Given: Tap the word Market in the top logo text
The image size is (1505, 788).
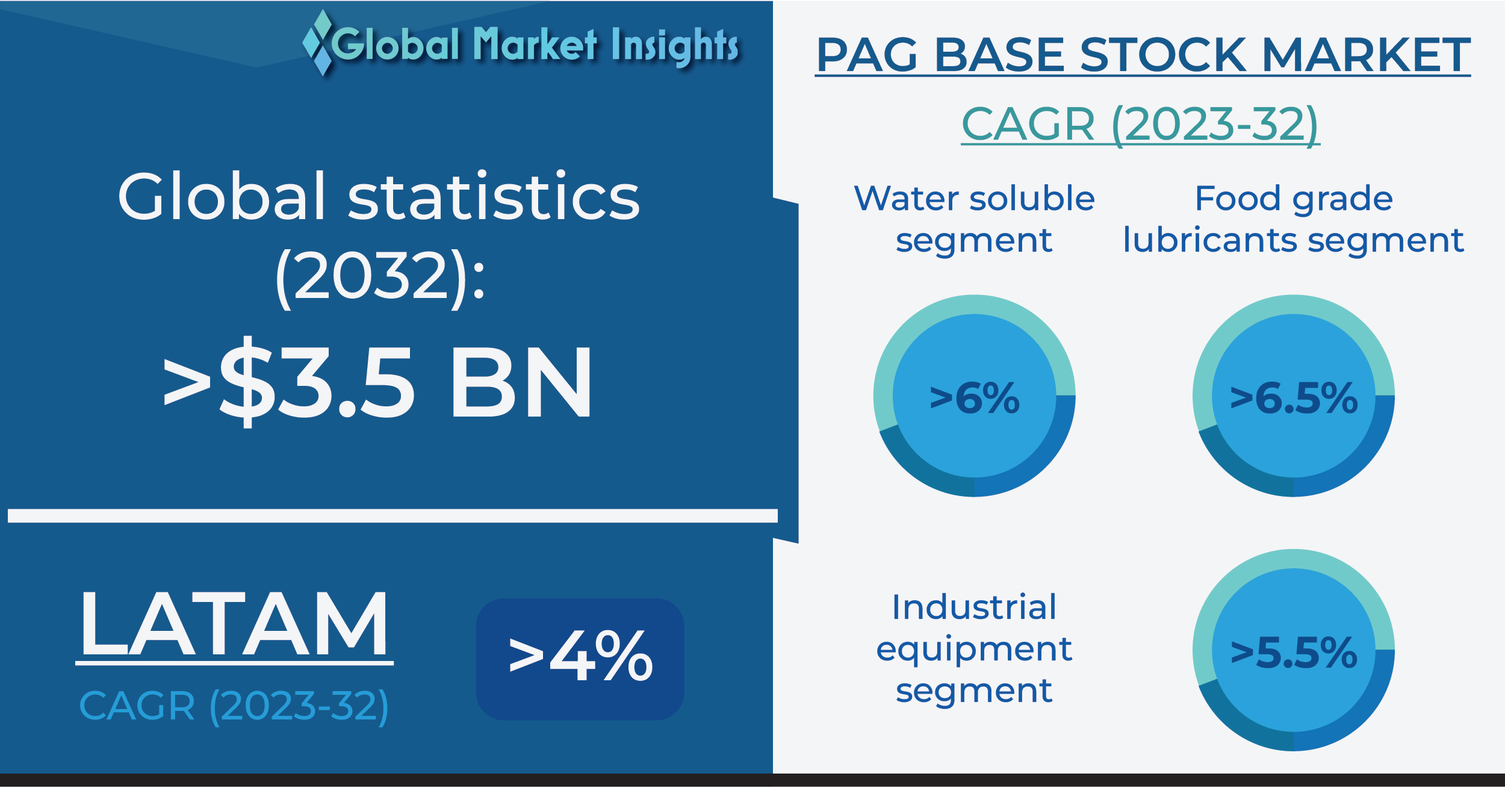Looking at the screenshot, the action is coord(535,45).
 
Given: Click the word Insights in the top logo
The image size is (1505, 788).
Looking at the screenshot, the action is coord(675,46).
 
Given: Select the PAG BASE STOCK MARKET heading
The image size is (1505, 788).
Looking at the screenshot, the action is coord(1143,55).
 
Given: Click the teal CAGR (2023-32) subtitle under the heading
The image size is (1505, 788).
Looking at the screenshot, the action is coord(1140,125).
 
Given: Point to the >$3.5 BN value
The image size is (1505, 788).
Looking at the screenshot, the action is coord(377,382).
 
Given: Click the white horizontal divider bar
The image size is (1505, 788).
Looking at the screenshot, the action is coord(393,516).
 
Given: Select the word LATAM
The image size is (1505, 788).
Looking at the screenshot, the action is coord(235,624).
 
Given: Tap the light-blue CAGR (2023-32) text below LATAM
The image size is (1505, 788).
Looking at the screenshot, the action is coord(234,706).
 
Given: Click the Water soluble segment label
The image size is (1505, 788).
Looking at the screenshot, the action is coord(974,220).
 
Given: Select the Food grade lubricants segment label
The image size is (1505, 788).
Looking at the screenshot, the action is coord(1293,220).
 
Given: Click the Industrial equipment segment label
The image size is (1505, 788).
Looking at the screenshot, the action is coord(974,649).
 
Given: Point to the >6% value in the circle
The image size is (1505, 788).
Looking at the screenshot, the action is coord(975,398).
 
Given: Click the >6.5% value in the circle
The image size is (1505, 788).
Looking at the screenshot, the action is coord(1294,398).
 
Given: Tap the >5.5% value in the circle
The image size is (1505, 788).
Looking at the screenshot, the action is coord(1294,653).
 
